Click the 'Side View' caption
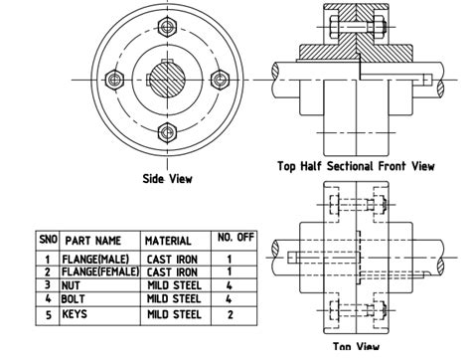pyautogui.click(x=167, y=179)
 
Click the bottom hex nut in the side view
pyautogui.click(x=165, y=130)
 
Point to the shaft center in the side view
pyautogui.click(x=165, y=81)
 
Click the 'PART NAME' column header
pyautogui.click(x=93, y=241)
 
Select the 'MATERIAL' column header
pyautogui.click(x=168, y=241)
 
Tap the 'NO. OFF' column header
pyautogui.click(x=235, y=239)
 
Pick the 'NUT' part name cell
pyautogui.click(x=75, y=284)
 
